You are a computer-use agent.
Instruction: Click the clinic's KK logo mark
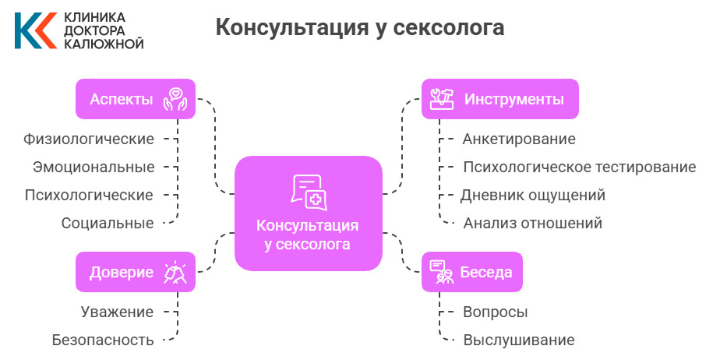pos(34,30)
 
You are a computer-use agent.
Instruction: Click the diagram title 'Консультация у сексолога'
pos(359,28)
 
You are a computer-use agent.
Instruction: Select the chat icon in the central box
pos(309,192)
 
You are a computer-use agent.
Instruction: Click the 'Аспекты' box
pos(135,99)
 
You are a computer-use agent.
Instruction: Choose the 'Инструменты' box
pos(499,99)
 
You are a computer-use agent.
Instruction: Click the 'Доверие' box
pos(135,272)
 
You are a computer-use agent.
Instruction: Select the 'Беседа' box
pos(471,272)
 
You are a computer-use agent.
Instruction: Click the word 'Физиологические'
pos(89,139)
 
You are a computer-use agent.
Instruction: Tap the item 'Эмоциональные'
pos(94,167)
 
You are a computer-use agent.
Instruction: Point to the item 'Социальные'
pos(108,223)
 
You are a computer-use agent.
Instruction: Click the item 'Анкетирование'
pos(518,139)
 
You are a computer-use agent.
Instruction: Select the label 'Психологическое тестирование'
pos(579,167)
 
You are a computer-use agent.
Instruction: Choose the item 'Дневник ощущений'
pos(533,195)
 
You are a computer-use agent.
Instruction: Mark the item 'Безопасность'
pos(103,340)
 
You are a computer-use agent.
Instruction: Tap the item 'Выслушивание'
pos(518,340)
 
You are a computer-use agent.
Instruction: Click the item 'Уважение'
pos(117,312)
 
